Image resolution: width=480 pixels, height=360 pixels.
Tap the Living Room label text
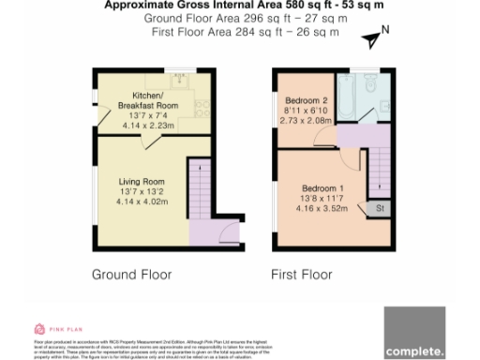(x=141, y=181)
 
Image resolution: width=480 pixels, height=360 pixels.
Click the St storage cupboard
(x=380, y=208)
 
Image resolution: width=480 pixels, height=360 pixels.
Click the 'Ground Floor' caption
(x=131, y=275)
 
